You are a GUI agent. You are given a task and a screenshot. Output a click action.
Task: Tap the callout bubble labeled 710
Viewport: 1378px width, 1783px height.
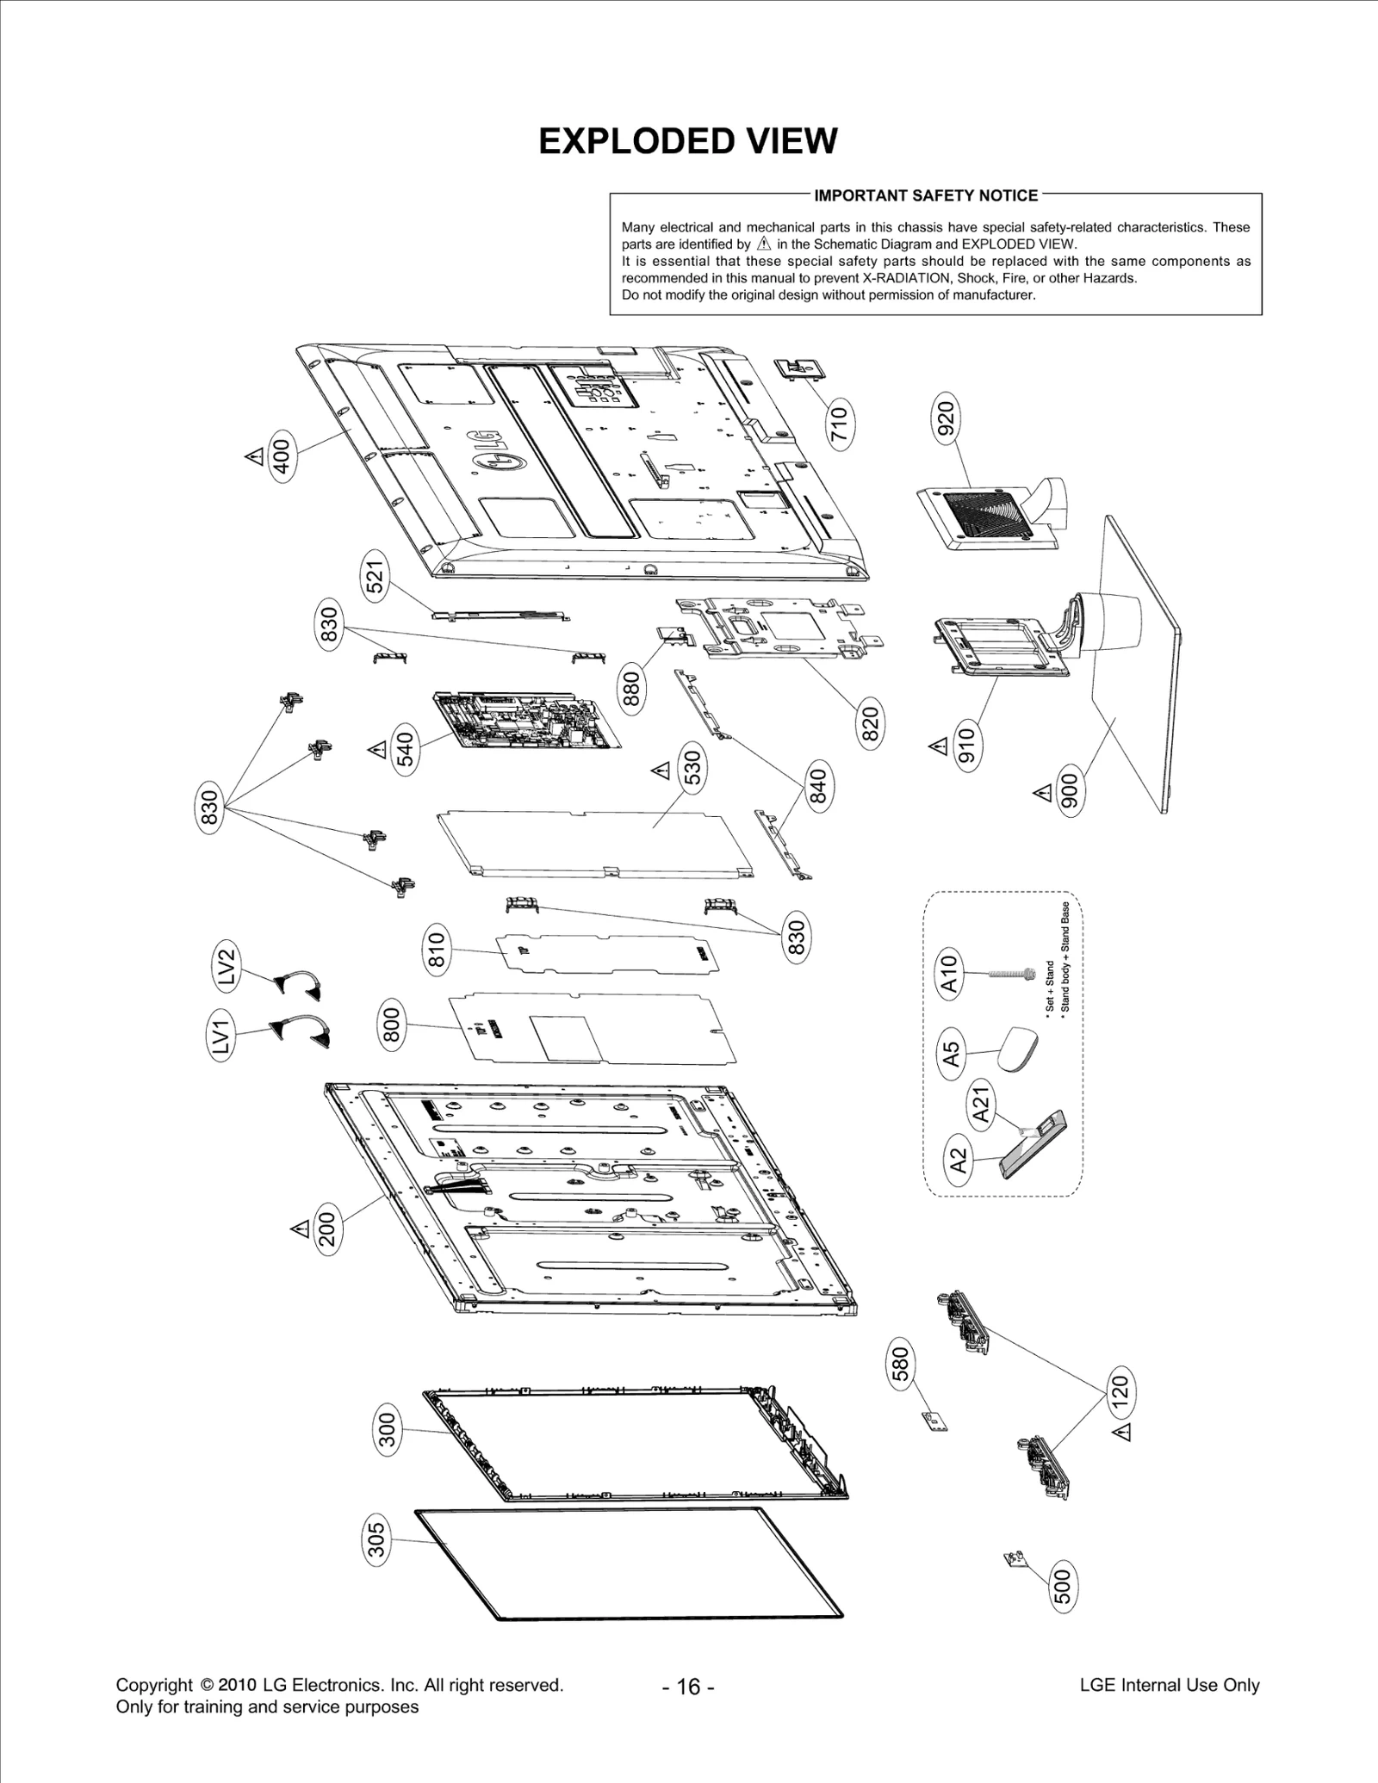click(x=838, y=424)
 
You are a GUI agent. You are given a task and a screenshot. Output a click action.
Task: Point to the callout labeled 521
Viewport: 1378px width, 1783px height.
click(x=376, y=576)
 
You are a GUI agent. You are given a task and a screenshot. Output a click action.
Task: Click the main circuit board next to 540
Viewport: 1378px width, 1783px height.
click(x=525, y=719)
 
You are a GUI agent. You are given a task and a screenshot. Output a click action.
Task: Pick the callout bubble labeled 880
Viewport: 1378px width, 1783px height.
click(x=632, y=690)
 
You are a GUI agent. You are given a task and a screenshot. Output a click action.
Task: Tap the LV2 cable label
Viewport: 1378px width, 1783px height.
click(x=226, y=967)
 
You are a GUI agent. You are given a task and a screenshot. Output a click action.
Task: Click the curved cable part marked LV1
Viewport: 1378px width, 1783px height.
click(x=303, y=1032)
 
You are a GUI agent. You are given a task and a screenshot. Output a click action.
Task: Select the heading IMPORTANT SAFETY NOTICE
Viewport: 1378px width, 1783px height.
click(x=926, y=195)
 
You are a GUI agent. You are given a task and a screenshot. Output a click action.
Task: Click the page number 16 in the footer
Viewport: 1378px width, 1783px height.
click(x=688, y=1686)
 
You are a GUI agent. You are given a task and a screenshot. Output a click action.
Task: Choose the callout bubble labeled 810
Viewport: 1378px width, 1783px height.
click(x=437, y=950)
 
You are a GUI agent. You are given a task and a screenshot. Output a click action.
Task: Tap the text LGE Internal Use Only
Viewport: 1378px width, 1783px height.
click(x=1169, y=1685)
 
